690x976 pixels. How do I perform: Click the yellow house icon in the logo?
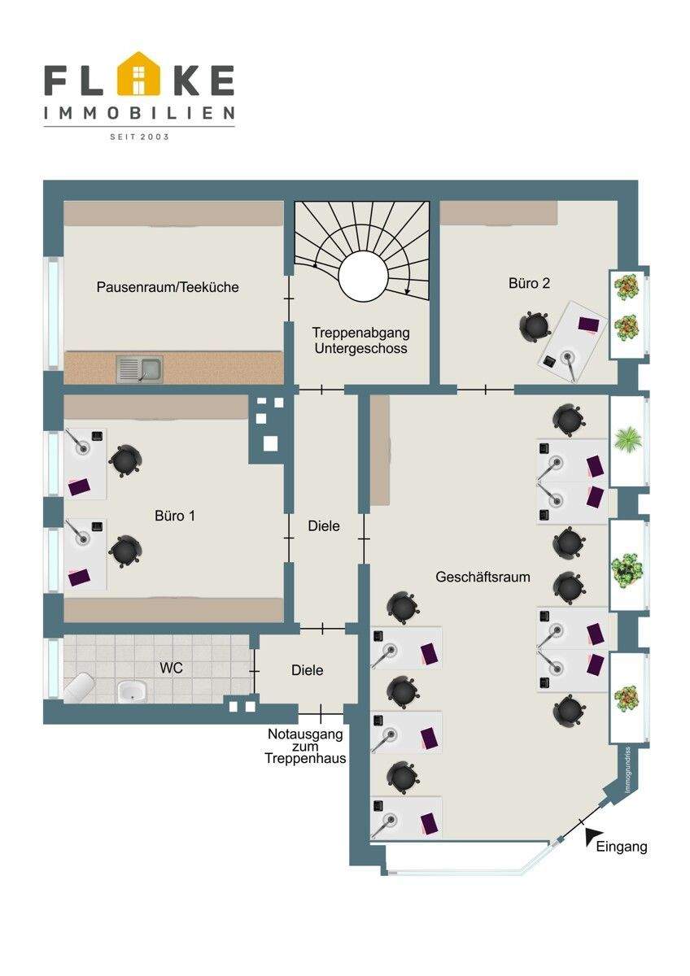138,73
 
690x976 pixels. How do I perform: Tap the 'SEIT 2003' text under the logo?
139,137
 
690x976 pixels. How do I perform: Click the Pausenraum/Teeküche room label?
168,287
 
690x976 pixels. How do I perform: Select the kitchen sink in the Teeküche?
139,369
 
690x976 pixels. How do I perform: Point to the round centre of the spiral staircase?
363,275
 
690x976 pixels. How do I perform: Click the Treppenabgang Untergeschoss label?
361,340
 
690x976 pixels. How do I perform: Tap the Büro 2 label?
529,283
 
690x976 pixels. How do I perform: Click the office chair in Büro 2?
535,325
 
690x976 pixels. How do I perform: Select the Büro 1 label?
175,516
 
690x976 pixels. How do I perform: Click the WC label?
172,668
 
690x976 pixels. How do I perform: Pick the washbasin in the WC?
131,691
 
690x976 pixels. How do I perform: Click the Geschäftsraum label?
483,577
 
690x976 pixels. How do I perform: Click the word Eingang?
622,847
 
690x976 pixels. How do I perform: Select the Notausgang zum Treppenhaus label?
306,746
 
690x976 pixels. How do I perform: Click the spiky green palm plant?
627,439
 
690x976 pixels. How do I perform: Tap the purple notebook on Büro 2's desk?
588,325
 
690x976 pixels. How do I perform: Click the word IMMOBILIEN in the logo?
139,113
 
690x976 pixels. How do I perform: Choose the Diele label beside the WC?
308,670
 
